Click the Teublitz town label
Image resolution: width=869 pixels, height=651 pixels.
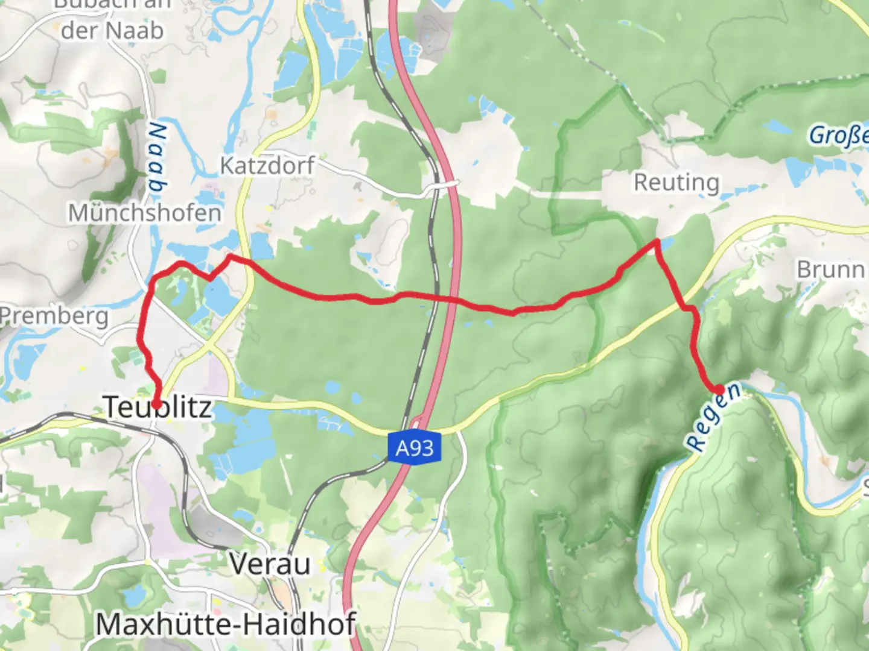158,407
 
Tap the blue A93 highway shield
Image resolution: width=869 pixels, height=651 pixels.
415,448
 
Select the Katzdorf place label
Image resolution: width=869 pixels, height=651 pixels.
267,165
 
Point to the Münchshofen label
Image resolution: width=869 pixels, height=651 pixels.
145,213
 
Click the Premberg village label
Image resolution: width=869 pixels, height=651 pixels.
54,316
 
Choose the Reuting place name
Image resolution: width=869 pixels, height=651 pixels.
676,182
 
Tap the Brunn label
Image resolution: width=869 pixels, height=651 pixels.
830,269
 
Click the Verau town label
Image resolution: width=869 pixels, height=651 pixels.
270,564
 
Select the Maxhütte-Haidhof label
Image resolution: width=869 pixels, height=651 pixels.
226,624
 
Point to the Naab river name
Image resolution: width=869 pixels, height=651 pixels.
156,160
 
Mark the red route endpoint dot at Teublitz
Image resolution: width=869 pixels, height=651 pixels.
156,404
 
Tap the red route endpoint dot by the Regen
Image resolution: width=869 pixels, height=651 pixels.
719,389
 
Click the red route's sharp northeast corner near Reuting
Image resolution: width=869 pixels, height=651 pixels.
657,242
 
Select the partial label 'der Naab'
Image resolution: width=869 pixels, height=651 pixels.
112,30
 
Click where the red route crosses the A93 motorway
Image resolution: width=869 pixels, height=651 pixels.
451,300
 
